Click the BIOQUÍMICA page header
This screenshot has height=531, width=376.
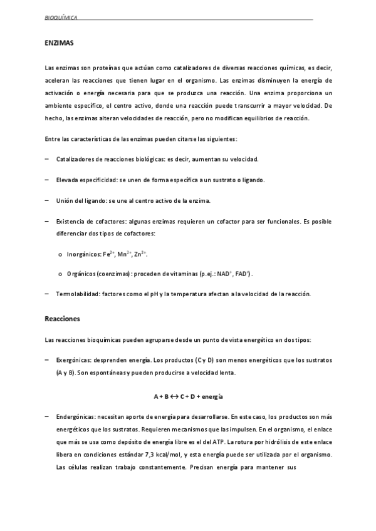pyautogui.click(x=61, y=18)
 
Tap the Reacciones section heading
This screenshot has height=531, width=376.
pyautogui.click(x=63, y=319)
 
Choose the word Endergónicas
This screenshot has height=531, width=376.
pyautogui.click(x=75, y=416)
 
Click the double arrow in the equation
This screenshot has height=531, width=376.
pyautogui.click(x=171, y=397)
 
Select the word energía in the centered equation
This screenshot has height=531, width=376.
pyautogui.click(x=213, y=397)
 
